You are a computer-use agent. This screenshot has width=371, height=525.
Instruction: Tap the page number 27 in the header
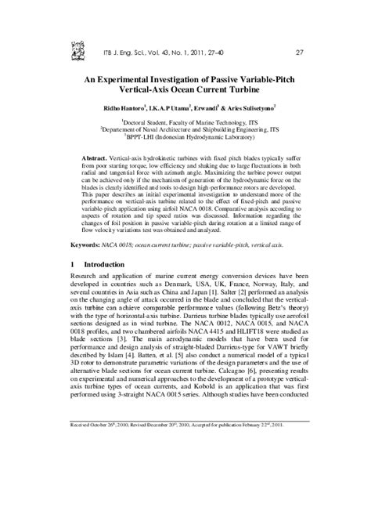299,53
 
